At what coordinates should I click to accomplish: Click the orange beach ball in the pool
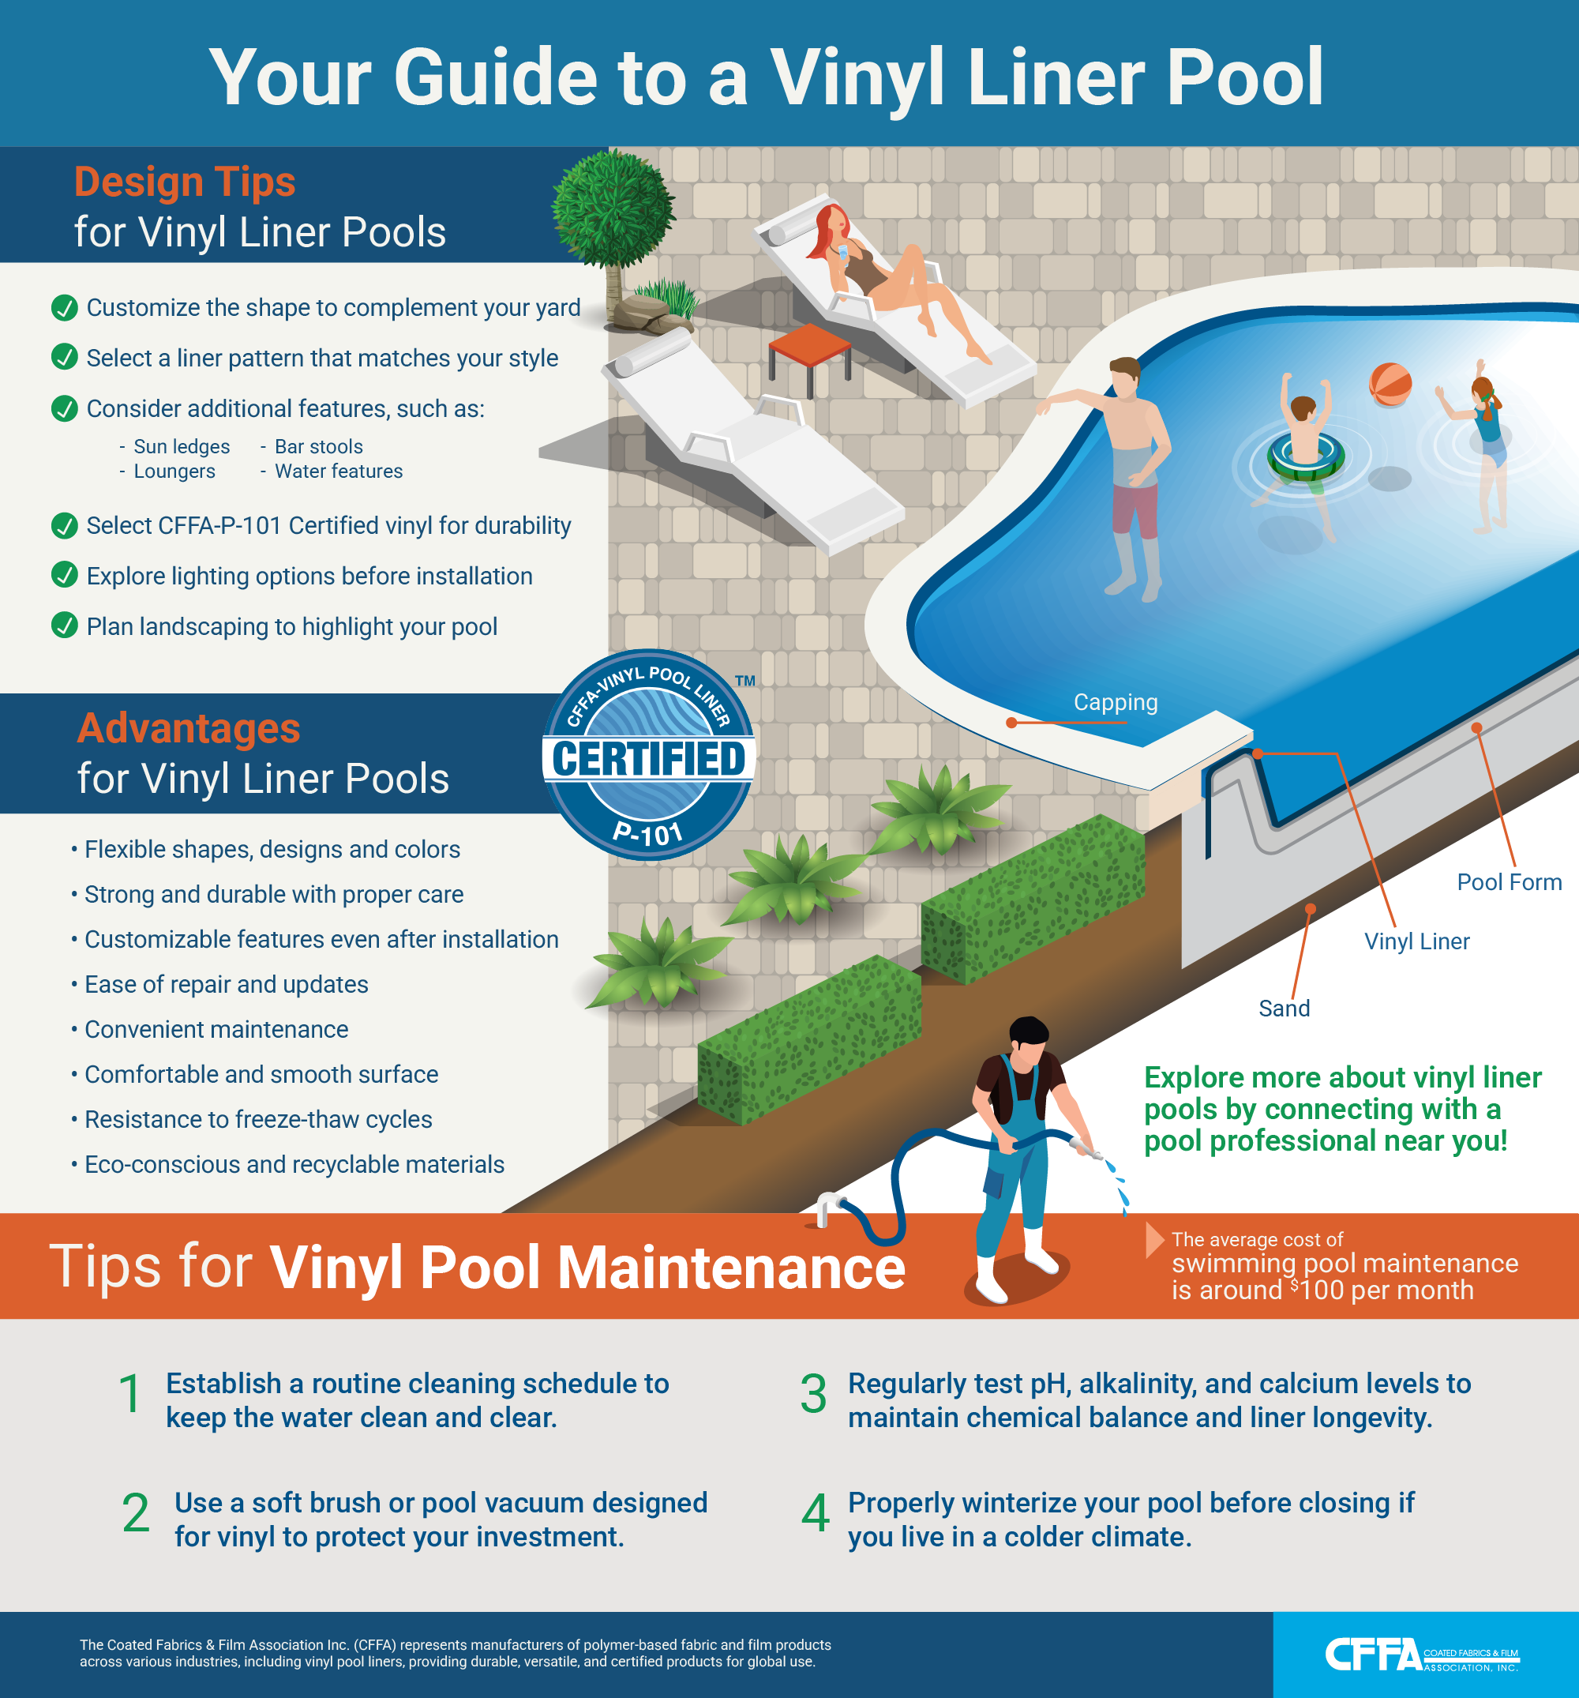click(1390, 385)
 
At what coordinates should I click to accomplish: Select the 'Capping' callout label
click(1116, 702)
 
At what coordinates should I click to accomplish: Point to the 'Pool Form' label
click(1509, 881)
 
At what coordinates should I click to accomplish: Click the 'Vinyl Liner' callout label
click(1416, 941)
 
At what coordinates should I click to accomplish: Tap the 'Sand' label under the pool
click(1284, 1008)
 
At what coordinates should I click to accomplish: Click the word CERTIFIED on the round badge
click(649, 758)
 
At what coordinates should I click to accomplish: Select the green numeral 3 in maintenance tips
click(813, 1394)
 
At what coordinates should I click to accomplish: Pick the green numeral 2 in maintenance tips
click(136, 1512)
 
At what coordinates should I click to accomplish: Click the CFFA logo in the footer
click(1422, 1655)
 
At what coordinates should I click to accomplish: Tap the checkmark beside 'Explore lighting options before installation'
click(64, 575)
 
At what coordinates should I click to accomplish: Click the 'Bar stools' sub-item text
click(318, 447)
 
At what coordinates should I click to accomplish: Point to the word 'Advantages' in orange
click(189, 729)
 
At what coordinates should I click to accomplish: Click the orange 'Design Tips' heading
click(185, 182)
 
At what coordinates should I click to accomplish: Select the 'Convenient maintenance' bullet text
click(216, 1029)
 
